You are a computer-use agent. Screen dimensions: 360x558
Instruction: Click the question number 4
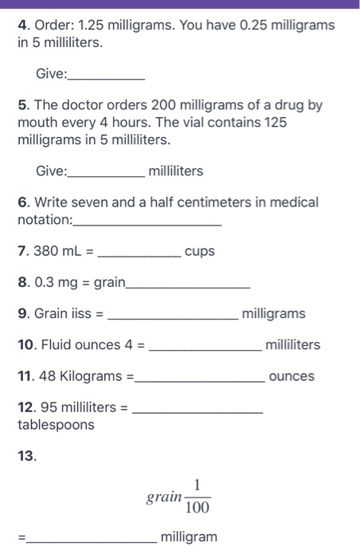(22, 26)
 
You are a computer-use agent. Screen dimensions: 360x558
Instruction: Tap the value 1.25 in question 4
(91, 26)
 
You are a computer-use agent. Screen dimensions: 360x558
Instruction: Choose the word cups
(199, 252)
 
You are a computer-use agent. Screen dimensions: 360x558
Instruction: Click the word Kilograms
(89, 376)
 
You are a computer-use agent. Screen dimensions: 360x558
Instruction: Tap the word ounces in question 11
(292, 376)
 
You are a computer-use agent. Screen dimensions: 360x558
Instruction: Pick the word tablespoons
(56, 425)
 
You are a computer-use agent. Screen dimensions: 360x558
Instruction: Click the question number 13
(27, 457)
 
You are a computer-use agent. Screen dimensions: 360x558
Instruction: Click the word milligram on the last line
(189, 537)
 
